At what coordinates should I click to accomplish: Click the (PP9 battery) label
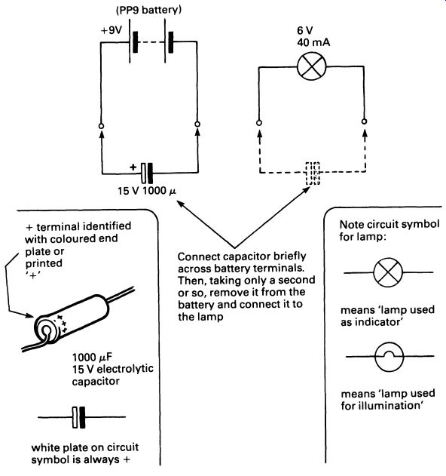click(x=148, y=10)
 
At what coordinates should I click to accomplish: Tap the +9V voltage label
click(x=111, y=30)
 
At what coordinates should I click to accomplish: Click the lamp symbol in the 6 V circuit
click(x=312, y=66)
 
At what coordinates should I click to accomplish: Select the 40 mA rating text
click(x=313, y=42)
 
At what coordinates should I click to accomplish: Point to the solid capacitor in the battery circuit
click(x=147, y=173)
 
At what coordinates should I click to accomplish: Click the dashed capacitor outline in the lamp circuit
click(x=313, y=174)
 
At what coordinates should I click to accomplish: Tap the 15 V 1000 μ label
click(x=147, y=191)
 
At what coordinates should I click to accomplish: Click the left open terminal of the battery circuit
click(x=102, y=126)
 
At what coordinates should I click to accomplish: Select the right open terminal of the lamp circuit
click(x=365, y=121)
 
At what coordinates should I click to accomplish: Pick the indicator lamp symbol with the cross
click(x=389, y=272)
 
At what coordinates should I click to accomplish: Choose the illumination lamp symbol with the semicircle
click(x=389, y=357)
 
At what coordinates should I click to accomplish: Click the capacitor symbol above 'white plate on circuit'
click(x=79, y=417)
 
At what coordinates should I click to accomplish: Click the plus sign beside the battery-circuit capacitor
click(x=133, y=167)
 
